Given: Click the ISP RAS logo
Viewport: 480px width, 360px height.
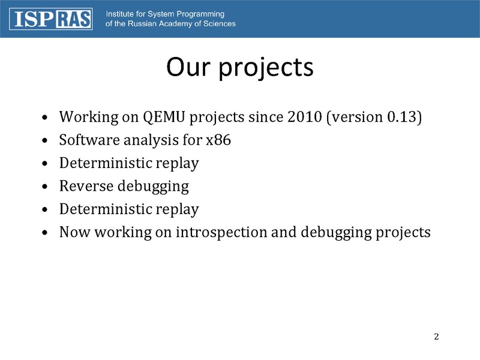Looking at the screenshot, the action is click(51, 19).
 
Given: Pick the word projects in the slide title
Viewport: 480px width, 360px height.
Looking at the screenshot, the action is click(266, 68).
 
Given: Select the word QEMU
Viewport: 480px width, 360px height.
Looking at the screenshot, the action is click(164, 117).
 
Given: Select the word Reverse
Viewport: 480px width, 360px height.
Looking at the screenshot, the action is click(86, 186).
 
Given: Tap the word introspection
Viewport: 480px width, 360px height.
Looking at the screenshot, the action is click(221, 232).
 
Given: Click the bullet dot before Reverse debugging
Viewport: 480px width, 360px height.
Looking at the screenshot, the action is click(45, 186).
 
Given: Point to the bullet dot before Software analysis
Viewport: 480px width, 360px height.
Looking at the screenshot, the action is click(45, 140).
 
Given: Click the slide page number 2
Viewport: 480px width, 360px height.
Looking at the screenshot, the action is click(436, 337).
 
